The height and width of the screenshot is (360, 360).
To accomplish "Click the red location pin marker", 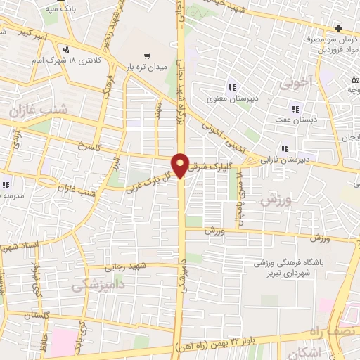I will (181, 165).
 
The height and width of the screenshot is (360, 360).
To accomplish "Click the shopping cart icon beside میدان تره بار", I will (147, 56).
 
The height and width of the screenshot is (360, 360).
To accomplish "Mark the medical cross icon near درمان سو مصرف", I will (339, 28).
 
